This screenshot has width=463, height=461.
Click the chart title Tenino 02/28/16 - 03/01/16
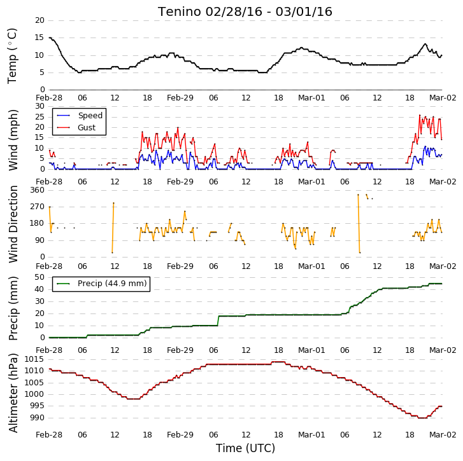point(245,12)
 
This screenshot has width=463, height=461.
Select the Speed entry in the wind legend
point(80,116)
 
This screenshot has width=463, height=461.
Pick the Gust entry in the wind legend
point(76,128)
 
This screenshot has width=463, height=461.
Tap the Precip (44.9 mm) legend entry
point(101,284)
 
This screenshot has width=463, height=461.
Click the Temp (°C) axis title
point(12,56)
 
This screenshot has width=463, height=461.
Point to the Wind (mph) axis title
point(13,140)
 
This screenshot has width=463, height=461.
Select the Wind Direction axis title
point(13,224)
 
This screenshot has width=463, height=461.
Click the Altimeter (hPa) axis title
point(13,393)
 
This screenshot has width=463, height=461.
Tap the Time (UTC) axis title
point(245,448)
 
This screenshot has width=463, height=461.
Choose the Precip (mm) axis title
point(13,308)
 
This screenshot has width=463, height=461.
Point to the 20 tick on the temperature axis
point(40,20)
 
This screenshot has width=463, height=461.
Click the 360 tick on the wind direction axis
point(38,190)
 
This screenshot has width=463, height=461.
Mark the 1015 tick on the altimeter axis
point(34,359)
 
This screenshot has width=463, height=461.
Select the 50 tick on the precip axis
point(40,277)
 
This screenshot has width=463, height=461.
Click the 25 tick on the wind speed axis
point(40,117)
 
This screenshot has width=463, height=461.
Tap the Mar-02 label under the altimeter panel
point(443,435)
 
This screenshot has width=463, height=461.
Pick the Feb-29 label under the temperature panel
point(180,98)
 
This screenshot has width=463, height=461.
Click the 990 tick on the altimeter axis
point(36,418)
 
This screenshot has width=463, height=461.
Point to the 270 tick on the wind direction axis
point(38,207)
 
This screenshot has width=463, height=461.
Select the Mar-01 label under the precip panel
point(311,350)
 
